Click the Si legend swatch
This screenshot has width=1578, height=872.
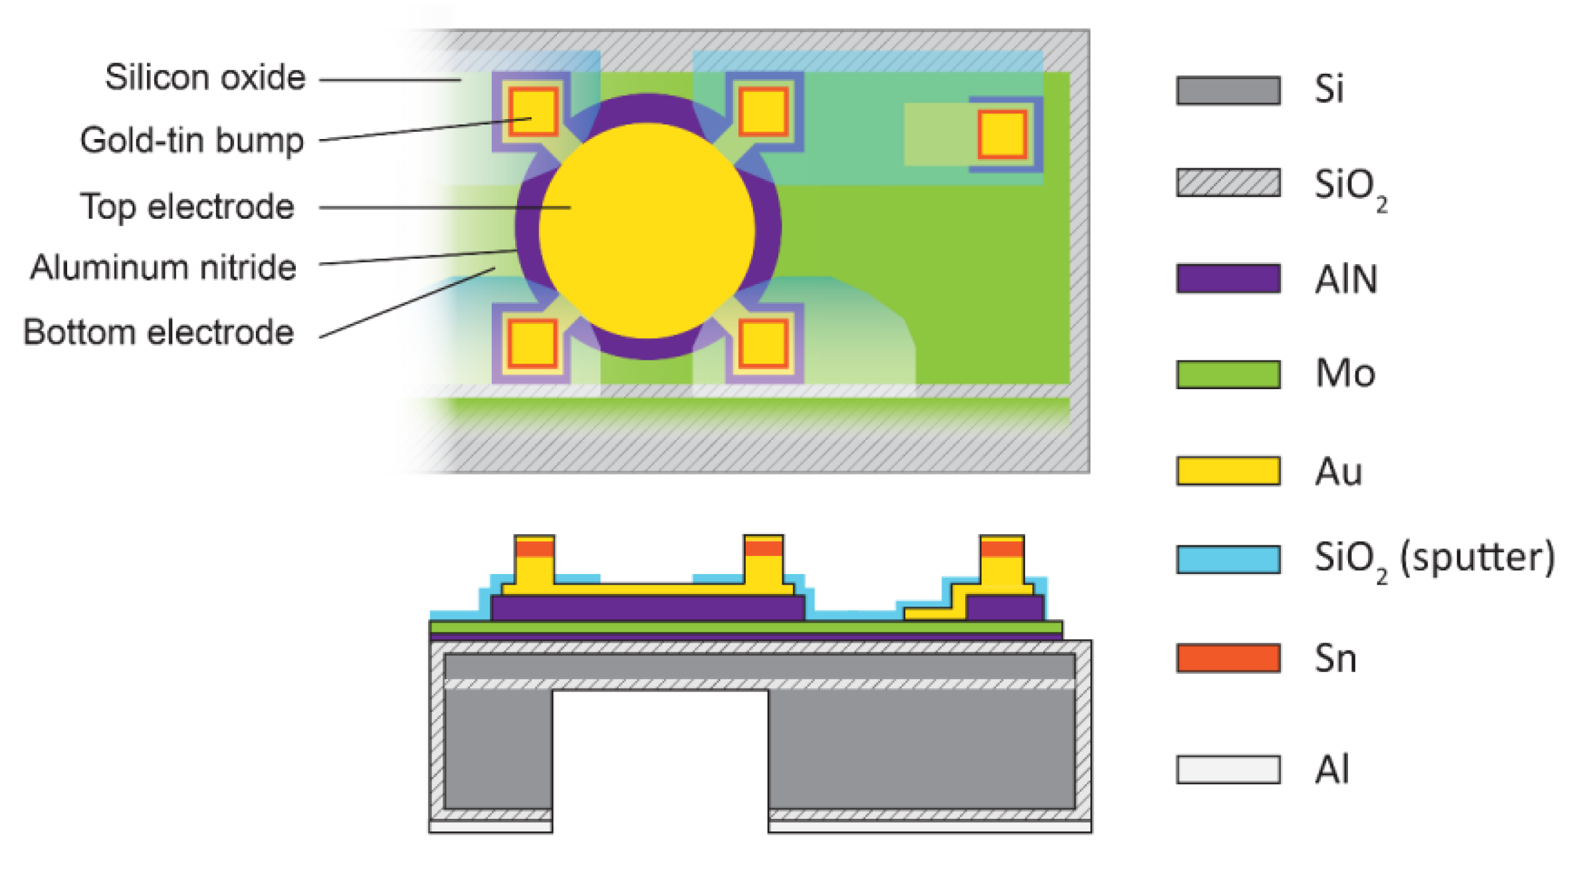[x=1228, y=90]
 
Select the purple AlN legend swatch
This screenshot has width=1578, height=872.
[x=1228, y=279]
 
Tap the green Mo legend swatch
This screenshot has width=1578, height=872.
[x=1228, y=374]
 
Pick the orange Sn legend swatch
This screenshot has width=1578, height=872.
[x=1228, y=658]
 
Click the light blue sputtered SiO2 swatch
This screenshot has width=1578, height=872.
[x=1228, y=559]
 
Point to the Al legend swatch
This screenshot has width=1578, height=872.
[x=1228, y=770]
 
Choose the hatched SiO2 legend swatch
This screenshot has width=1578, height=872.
[x=1228, y=183]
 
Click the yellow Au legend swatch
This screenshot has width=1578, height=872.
[x=1228, y=471]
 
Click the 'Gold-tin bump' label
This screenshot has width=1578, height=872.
[x=192, y=141]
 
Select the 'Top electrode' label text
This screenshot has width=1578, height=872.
[x=187, y=207]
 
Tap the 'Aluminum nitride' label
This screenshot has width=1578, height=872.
[x=164, y=268]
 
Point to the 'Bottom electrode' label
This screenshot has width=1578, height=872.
[x=159, y=332]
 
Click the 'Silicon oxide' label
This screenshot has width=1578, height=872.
[x=205, y=78]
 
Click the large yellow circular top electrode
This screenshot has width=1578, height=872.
[x=647, y=229]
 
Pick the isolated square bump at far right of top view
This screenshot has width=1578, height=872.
[x=1002, y=134]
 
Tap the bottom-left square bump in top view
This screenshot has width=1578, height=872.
[x=532, y=343]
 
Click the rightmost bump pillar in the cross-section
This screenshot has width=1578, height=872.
[x=1002, y=565]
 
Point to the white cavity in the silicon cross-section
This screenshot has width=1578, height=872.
[x=660, y=758]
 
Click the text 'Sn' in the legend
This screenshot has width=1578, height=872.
[x=1335, y=659]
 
